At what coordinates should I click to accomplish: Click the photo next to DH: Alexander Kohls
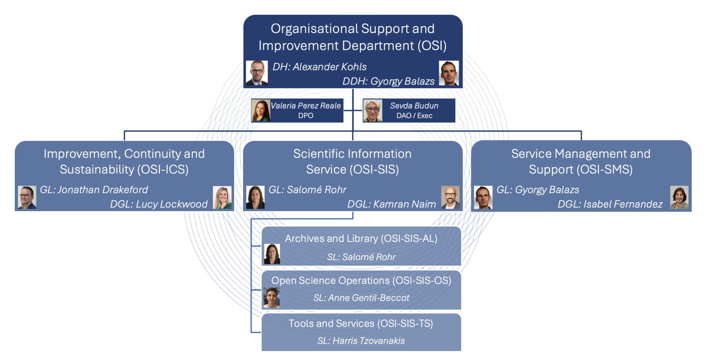pos(257,73)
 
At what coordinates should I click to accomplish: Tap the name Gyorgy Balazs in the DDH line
pos(402,81)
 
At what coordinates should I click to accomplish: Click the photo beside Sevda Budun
pos(372,111)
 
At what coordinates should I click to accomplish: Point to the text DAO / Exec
pos(414,116)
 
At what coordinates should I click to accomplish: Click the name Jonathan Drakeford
pos(103,190)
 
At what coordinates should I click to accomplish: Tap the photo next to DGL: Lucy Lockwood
pos(222,198)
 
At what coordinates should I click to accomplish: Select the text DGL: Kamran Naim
pos(391,204)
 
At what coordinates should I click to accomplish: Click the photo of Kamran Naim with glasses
pos(450,197)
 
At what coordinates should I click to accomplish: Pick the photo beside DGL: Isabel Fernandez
pos(679,197)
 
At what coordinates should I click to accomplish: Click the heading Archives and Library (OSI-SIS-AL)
pos(361,239)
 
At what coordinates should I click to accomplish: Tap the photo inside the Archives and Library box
pos(272,254)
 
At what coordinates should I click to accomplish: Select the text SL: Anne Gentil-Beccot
pos(361,298)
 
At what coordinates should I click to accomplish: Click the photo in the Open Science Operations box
pos(271,298)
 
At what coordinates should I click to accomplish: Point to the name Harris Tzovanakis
pos(369,341)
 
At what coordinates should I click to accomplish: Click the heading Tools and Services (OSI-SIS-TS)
pos(361,324)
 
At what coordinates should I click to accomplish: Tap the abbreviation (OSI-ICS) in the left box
pos(163,170)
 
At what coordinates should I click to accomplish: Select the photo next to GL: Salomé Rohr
pos(255,197)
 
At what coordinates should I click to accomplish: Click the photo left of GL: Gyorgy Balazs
pos(483,197)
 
